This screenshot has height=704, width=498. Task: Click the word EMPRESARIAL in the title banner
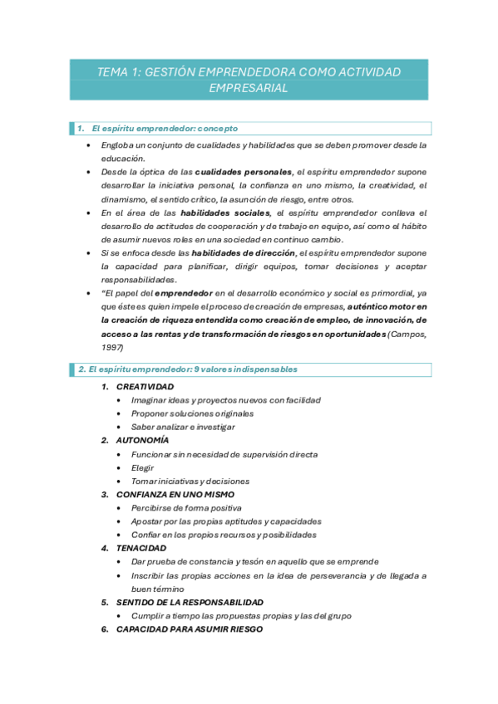tap(249, 89)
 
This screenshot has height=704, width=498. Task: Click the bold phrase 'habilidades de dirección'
tap(243, 253)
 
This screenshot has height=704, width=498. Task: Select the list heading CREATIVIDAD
tap(145, 387)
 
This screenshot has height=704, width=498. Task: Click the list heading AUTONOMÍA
tap(142, 440)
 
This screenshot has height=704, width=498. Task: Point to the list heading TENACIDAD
tap(141, 548)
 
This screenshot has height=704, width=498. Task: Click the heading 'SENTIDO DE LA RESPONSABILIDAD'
tap(190, 602)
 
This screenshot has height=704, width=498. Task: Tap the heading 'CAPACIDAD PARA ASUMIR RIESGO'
tap(189, 629)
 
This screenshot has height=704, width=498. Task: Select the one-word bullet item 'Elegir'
tap(142, 467)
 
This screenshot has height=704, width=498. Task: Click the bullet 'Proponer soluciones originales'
tap(192, 413)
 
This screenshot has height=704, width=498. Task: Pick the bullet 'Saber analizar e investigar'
tap(183, 427)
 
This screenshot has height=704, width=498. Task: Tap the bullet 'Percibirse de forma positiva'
tap(186, 507)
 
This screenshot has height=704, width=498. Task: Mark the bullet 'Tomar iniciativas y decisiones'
tap(190, 481)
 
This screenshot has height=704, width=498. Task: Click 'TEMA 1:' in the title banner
tap(118, 72)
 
